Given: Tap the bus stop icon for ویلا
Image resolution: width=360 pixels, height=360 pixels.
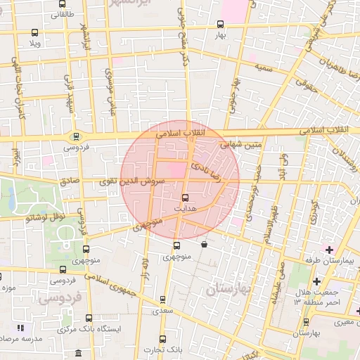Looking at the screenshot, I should pyautogui.click(x=35, y=32).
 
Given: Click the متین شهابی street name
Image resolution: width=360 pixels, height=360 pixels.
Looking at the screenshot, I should pyautogui.click(x=241, y=145).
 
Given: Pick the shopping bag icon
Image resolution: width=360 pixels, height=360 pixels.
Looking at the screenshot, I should pyautogui.click(x=204, y=245).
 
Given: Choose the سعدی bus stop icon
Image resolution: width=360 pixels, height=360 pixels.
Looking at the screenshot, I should pyautogui.click(x=163, y=300).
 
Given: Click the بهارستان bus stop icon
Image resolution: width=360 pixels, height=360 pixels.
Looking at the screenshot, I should pyautogui.click(x=304, y=321).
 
